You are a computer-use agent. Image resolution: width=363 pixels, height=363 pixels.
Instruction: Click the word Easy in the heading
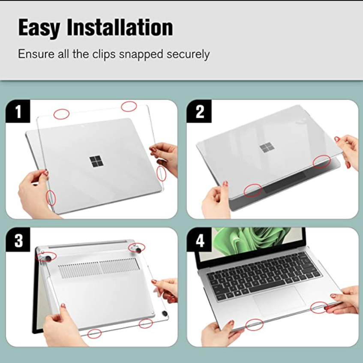pyautogui.click(x=39, y=28)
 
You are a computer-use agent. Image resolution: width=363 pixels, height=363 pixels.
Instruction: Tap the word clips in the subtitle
pyautogui.click(x=104, y=54)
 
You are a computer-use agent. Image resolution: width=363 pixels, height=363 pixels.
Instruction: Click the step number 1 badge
pyautogui.click(x=18, y=111)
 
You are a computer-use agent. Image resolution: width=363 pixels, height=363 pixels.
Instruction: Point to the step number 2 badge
pyautogui.click(x=199, y=111)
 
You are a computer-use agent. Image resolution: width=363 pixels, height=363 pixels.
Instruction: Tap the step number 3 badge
pyautogui.click(x=18, y=240)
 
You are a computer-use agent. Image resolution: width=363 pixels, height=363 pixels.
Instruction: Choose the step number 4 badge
pyautogui.click(x=199, y=240)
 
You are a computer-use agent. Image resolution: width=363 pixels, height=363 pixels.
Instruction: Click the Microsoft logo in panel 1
pyautogui.click(x=96, y=161)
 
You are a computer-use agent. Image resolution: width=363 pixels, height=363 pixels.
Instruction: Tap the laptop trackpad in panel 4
pyautogui.click(x=279, y=300)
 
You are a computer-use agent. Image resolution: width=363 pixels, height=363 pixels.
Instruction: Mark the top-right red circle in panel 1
pyautogui.click(x=129, y=106)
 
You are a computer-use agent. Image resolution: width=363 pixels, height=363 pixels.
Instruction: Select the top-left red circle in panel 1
pyautogui.click(x=61, y=114)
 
